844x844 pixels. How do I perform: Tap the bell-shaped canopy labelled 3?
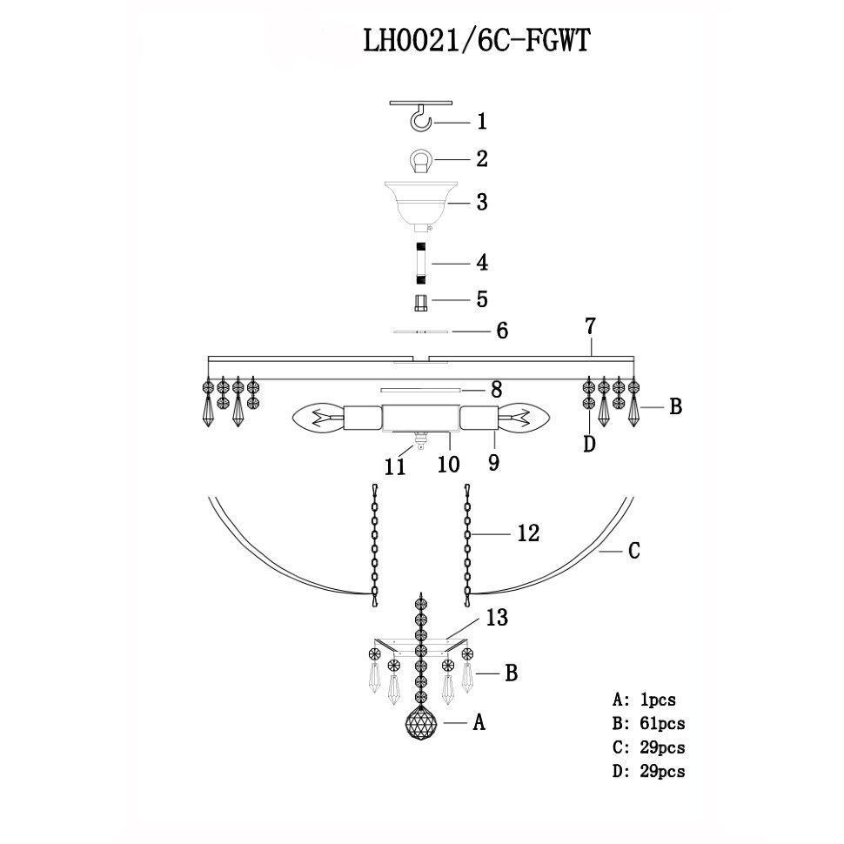pyautogui.click(x=421, y=203)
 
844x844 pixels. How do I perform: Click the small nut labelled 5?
pyautogui.click(x=421, y=302)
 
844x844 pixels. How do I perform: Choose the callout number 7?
pyautogui.click(x=590, y=327)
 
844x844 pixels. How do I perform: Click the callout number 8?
pyautogui.click(x=496, y=389)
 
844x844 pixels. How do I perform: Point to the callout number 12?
pyautogui.click(x=528, y=533)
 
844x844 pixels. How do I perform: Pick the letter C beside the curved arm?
pyautogui.click(x=634, y=550)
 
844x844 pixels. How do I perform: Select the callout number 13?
pyautogui.click(x=497, y=619)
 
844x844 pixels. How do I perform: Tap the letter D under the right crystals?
pyautogui.click(x=589, y=444)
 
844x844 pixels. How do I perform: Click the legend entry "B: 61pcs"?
pyautogui.click(x=648, y=722)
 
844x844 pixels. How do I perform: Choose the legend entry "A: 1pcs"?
pyautogui.click(x=644, y=698)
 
